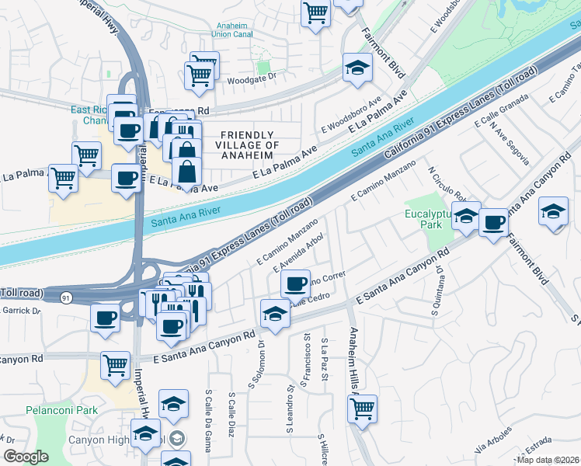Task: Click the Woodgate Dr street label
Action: tap(250, 80)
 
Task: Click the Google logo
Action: tap(26, 457)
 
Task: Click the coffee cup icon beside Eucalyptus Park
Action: tap(493, 224)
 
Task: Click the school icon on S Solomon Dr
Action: tap(274, 313)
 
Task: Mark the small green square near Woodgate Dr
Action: tap(263, 68)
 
